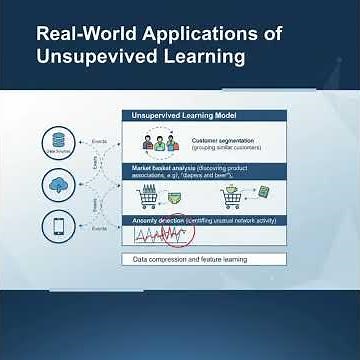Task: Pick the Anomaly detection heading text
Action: [159, 218]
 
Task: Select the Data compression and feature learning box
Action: [204, 259]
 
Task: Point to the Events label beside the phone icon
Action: [99, 229]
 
